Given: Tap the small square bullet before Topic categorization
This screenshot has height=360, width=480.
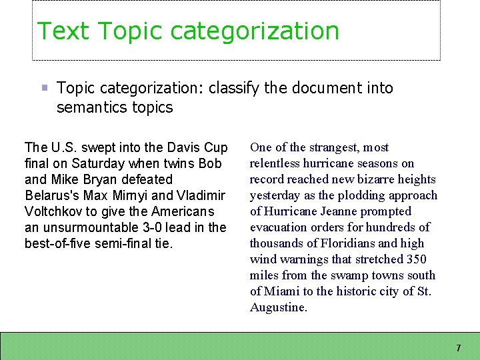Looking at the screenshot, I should [x=44, y=88].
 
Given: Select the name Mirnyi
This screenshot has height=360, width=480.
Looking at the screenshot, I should [x=141, y=195].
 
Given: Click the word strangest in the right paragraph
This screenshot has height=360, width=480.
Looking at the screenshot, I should [x=325, y=147].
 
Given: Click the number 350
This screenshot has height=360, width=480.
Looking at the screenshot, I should [x=415, y=259].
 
